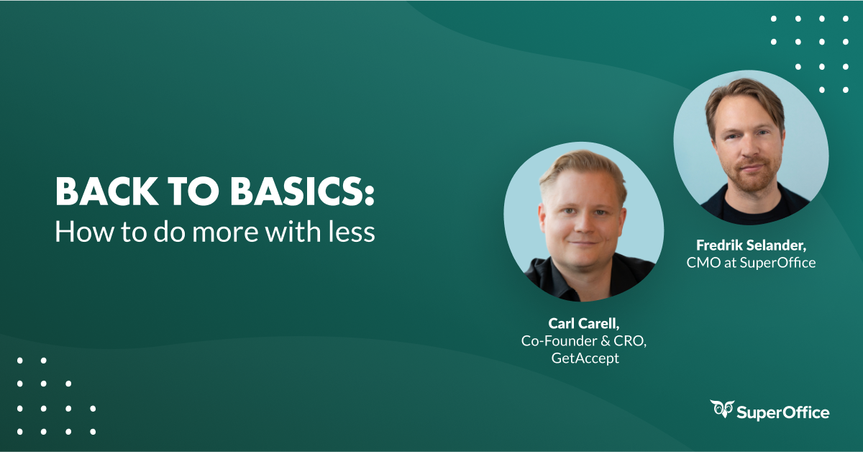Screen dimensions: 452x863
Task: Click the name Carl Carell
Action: coord(584,324)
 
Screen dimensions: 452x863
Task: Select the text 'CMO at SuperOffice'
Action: coord(751,263)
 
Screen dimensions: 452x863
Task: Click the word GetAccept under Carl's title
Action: coord(583,358)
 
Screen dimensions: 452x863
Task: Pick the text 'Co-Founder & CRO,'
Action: coord(584,341)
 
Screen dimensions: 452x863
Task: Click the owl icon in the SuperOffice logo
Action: coord(722,409)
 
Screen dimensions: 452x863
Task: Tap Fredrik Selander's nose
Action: coord(747,149)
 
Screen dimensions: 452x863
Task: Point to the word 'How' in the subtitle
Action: coord(78,232)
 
